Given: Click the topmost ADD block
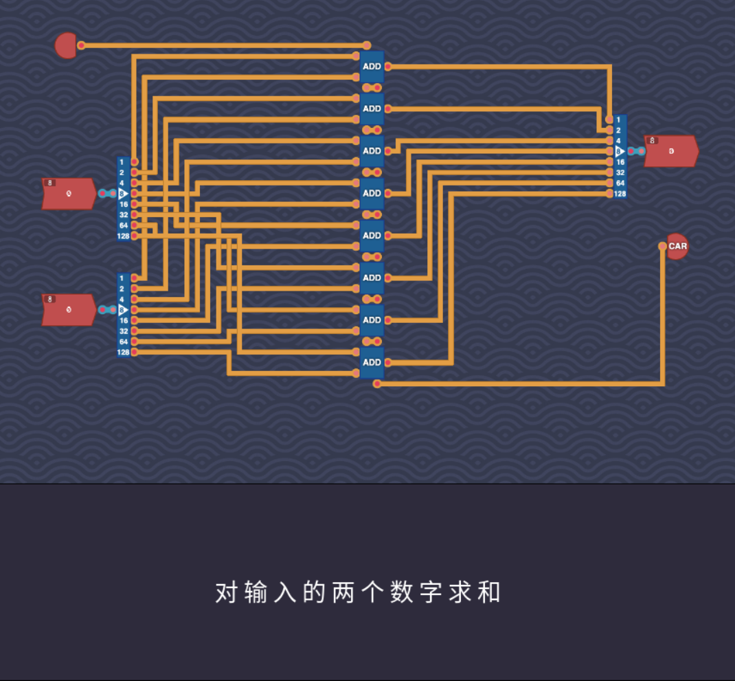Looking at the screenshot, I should pos(372,67).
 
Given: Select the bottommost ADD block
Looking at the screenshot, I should pos(372,362).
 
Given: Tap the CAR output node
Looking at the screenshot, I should pos(677,246).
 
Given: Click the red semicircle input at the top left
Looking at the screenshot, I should pos(65,45).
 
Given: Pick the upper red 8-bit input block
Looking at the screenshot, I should pos(69,194).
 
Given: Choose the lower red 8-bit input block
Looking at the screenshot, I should pos(69,310).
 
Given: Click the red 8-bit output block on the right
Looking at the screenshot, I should pos(671,151).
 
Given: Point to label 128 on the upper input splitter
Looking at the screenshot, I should pos(124,236).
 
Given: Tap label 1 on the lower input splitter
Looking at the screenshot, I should pos(122,278).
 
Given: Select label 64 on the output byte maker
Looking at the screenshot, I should pos(620,183).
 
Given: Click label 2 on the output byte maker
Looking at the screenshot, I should pos(618,130).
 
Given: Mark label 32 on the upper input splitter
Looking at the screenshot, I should pos(124,215).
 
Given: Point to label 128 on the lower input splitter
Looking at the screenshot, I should pos(124,353).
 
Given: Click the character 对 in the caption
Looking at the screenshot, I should pos(226,592).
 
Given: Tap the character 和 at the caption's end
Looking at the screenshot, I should pos(489,592).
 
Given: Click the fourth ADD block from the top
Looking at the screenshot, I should pos(372,193).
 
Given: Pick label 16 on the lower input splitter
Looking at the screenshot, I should pos(124,320).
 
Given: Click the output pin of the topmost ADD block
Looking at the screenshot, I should pos(388,67).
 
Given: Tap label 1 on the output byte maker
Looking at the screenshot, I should pos(618,120).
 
